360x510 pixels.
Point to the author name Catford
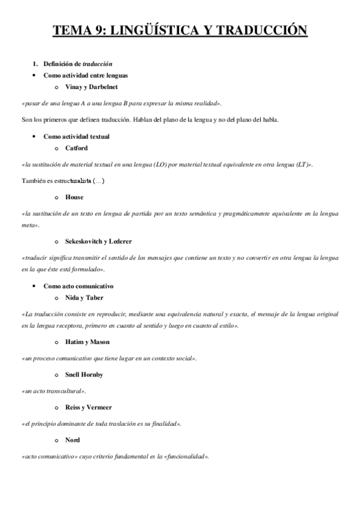[78, 147]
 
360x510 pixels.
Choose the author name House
[75, 197]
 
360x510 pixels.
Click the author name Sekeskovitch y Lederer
[99, 241]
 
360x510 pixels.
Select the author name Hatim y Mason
[88, 342]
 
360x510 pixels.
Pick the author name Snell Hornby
[84, 375]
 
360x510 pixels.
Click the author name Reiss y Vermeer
[89, 407]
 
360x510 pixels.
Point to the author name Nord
[73, 440]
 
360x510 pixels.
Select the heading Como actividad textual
[76, 137]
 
